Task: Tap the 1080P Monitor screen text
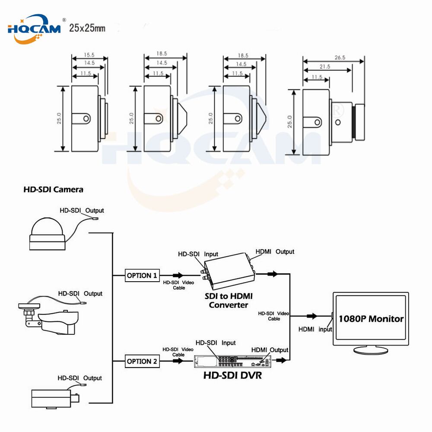(371, 319)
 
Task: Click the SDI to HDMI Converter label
(229, 301)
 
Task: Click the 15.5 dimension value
(89, 55)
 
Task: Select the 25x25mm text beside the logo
(87, 29)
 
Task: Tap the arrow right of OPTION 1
(178, 275)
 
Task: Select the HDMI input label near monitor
(315, 329)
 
